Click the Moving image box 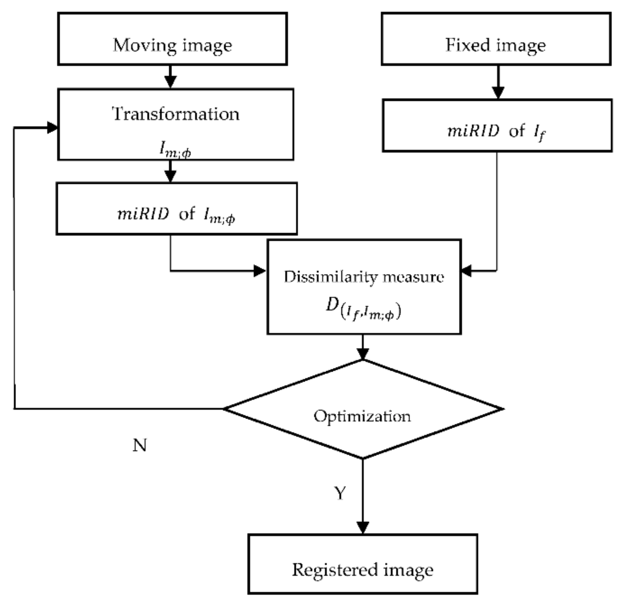coord(173,39)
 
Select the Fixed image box coord(496,39)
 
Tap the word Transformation coord(176,114)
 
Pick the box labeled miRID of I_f coord(497,126)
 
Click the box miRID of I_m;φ coord(176,209)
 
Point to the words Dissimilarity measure coord(364,277)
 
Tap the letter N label coord(140,445)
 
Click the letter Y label coord(340,493)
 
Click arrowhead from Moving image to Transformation coord(170,82)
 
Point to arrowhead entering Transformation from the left coord(52,127)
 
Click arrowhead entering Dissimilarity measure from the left coord(259,271)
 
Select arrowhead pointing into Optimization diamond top coord(363,354)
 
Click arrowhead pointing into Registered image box coord(363,528)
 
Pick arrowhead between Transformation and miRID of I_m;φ coord(170,176)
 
